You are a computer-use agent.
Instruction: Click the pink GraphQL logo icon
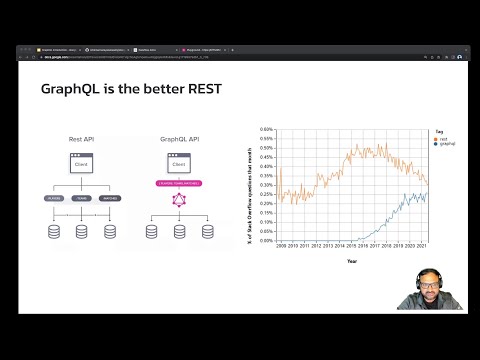click(x=180, y=200)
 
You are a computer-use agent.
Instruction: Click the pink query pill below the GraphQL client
click(x=180, y=183)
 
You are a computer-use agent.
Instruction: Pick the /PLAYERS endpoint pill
click(x=54, y=198)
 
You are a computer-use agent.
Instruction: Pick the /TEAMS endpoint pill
click(x=82, y=198)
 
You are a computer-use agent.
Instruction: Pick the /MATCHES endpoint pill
click(x=110, y=198)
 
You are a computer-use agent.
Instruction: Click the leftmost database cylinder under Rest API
click(x=54, y=232)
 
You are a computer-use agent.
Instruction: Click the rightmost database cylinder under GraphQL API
click(x=208, y=232)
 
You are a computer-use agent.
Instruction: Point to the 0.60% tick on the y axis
click(x=266, y=129)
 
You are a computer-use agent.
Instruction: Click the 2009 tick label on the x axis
click(x=281, y=245)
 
